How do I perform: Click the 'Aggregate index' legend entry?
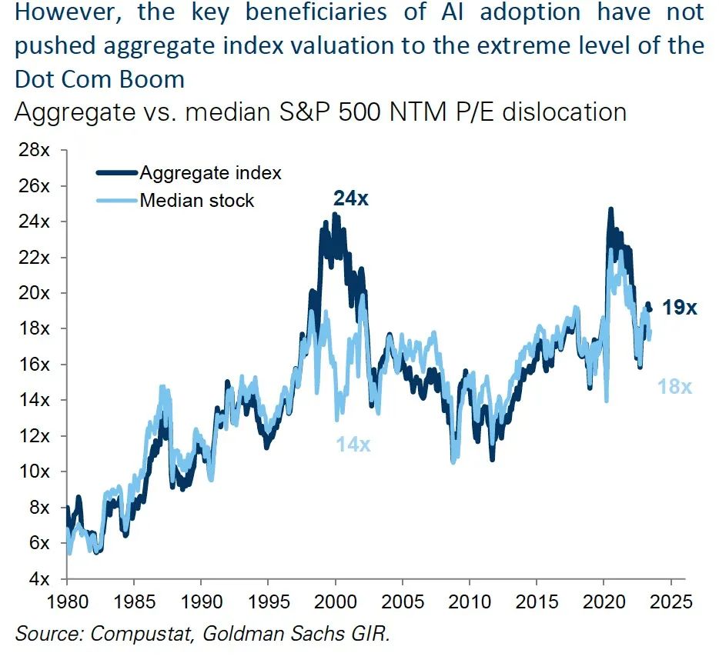point(209,173)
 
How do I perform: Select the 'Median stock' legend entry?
point(196,201)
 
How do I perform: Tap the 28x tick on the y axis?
point(35,150)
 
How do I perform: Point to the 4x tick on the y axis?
point(38,578)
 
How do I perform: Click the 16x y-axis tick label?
point(35,364)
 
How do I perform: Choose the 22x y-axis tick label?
point(35,257)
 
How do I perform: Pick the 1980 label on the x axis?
point(67,601)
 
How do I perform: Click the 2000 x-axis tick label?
point(336,601)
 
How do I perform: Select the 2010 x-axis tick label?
point(470,601)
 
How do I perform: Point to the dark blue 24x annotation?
point(352,198)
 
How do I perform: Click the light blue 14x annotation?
point(353,444)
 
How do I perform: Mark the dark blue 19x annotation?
point(680,308)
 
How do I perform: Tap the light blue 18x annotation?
point(675,387)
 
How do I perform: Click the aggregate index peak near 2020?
point(610,208)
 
